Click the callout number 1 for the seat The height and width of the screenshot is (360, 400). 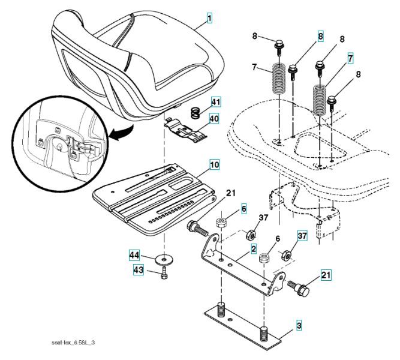pyautogui.click(x=209, y=19)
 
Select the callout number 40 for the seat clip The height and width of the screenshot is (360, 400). pyautogui.click(x=214, y=119)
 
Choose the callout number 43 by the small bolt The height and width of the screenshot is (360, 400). pyautogui.click(x=138, y=271)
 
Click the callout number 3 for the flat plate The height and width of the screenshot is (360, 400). pyautogui.click(x=298, y=326)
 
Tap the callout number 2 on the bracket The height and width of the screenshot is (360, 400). pyautogui.click(x=254, y=248)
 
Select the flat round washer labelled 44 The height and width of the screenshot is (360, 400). pyautogui.click(x=161, y=259)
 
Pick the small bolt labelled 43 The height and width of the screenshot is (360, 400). pyautogui.click(x=164, y=275)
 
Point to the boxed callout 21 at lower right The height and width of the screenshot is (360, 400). pyautogui.click(x=326, y=275)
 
